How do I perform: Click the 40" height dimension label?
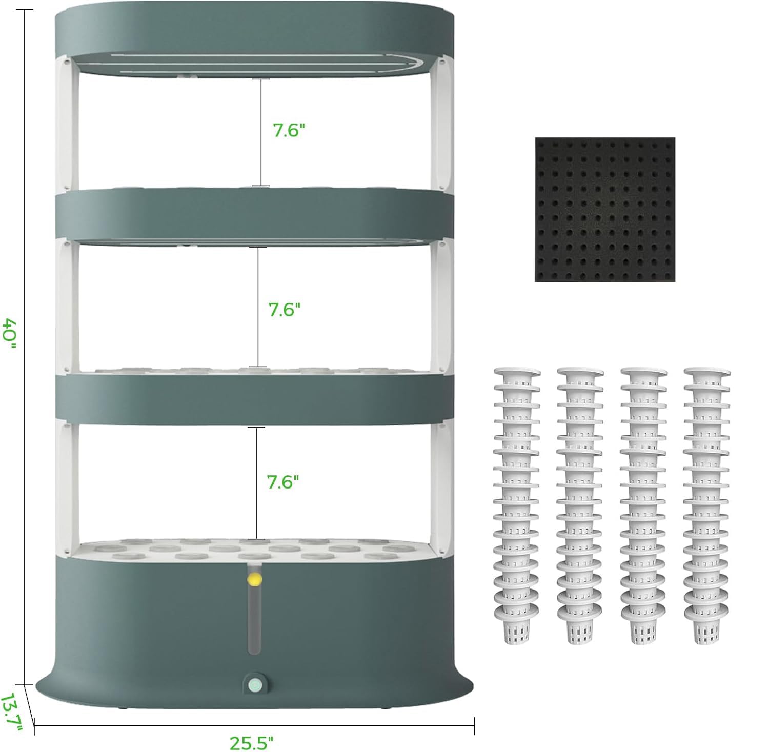[x=11, y=333]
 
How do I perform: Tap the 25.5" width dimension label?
[x=251, y=742]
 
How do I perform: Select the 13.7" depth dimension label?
[x=10, y=713]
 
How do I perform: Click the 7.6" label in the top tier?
[x=289, y=130]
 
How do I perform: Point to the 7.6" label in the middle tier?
[x=284, y=309]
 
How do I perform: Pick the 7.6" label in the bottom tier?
[x=282, y=481]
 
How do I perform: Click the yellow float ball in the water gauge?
[x=254, y=579]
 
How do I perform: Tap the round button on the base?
[x=254, y=684]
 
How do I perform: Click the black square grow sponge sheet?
[x=605, y=209]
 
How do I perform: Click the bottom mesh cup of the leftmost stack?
[x=517, y=628]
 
